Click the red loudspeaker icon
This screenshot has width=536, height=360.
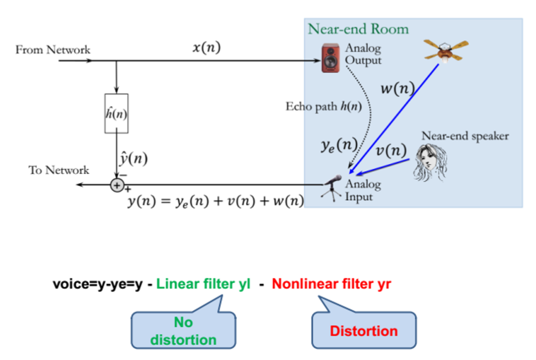point(331,58)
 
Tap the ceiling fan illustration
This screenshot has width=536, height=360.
point(446,51)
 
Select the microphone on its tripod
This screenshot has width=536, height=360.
point(332,188)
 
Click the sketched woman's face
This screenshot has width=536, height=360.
point(430,162)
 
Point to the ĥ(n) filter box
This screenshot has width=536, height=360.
point(116,114)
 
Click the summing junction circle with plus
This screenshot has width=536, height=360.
point(117,185)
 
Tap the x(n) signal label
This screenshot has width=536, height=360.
point(206,47)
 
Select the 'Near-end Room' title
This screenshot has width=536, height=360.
point(358,29)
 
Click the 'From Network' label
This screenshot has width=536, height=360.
point(53,50)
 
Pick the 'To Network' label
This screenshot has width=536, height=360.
point(59,170)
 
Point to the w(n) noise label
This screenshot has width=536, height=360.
point(398,88)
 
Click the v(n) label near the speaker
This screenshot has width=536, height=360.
point(391,150)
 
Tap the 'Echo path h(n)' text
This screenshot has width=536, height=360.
point(324,107)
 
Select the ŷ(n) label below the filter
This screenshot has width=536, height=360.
point(134,158)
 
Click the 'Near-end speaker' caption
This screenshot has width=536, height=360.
point(465,136)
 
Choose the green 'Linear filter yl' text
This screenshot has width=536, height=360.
point(203,284)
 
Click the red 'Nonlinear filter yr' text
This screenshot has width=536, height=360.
point(331,284)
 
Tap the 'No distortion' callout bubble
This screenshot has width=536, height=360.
point(184,330)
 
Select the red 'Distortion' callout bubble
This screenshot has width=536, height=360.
point(364,330)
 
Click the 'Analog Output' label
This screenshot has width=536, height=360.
point(363,54)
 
